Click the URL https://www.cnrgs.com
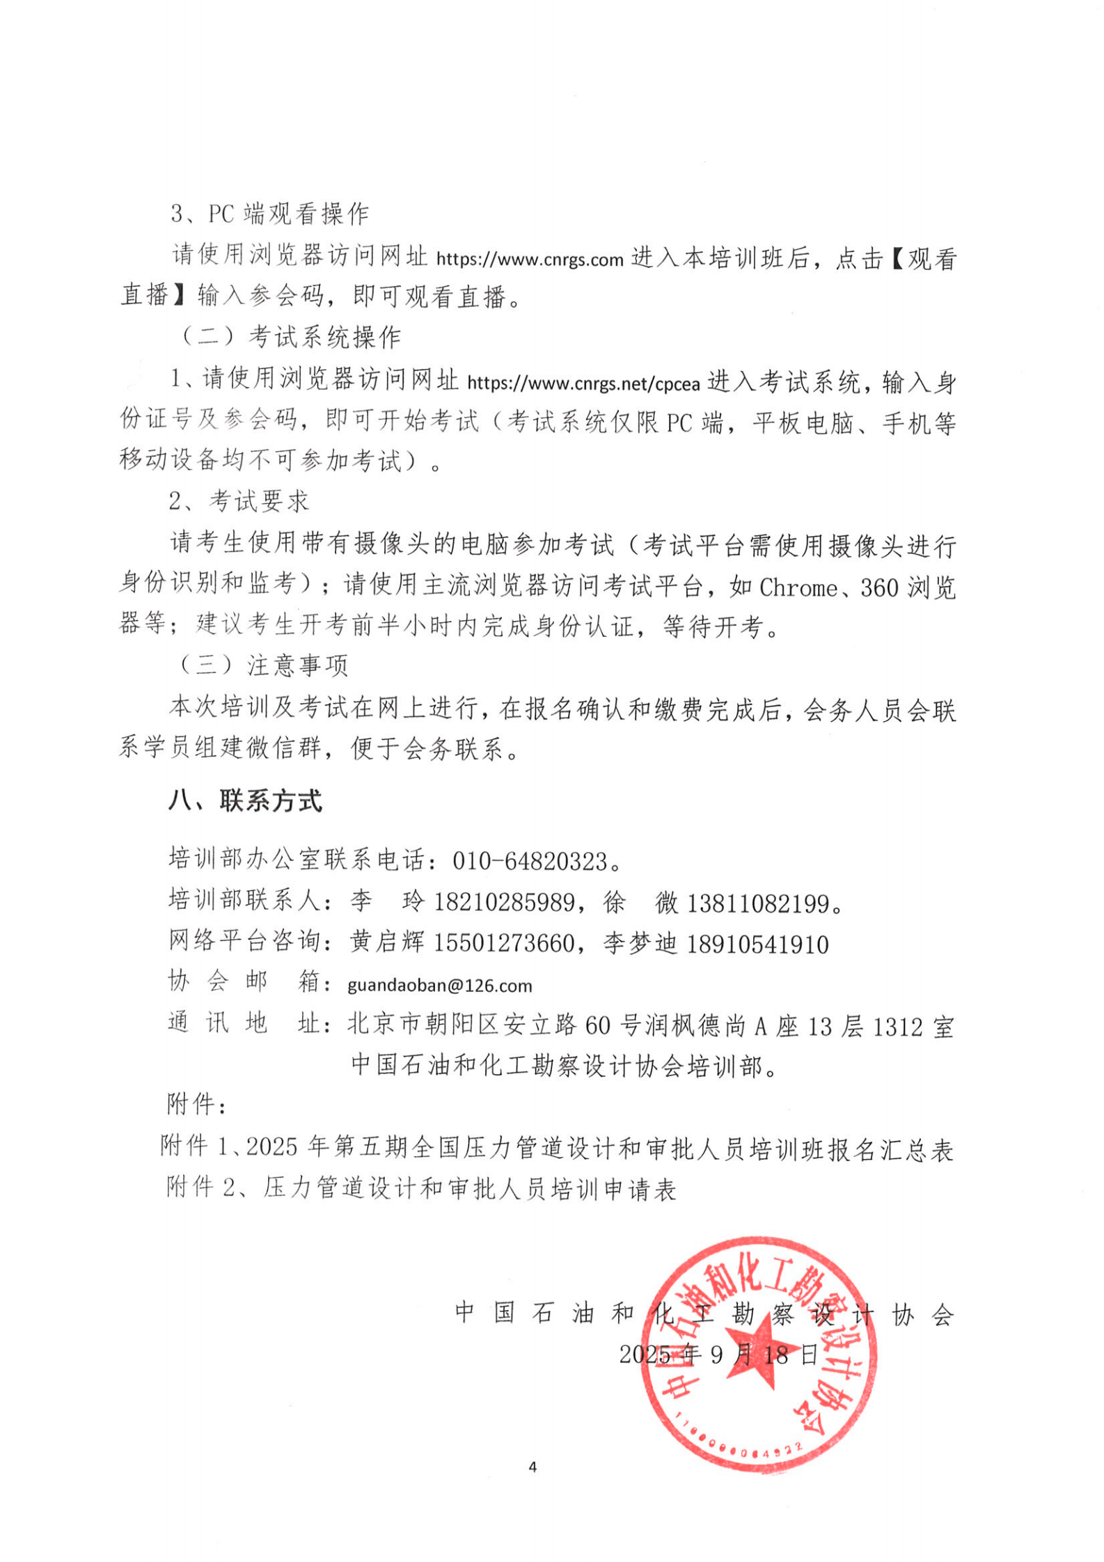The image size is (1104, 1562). (529, 260)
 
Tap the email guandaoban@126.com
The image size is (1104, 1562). (439, 986)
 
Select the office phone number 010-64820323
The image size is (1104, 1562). (530, 862)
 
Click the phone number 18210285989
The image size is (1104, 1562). (505, 904)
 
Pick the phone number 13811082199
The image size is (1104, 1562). (759, 904)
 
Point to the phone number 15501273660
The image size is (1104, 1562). (505, 945)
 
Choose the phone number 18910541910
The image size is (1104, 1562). (757, 945)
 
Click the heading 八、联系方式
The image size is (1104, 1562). (245, 801)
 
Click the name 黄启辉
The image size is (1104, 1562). (387, 943)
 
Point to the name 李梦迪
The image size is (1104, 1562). (640, 945)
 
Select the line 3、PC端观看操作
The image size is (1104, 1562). (270, 214)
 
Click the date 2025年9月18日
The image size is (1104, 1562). (718, 1355)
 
